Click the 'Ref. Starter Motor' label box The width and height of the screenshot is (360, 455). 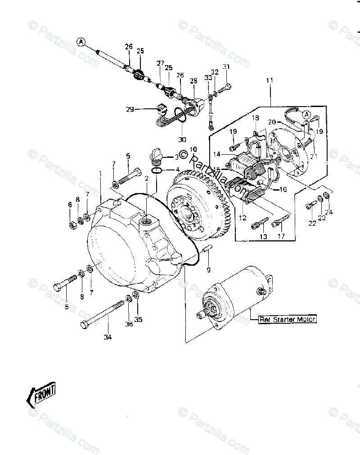point(288,320)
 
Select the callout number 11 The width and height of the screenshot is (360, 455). point(270,80)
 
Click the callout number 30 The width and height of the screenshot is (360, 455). point(182,139)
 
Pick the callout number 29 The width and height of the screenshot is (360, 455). point(130,109)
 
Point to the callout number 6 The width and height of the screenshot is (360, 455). point(70,205)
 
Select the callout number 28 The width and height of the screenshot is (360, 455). point(193,81)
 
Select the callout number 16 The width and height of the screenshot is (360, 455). point(283,190)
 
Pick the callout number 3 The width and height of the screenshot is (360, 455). point(176,157)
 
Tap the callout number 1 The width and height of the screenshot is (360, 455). point(100,173)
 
